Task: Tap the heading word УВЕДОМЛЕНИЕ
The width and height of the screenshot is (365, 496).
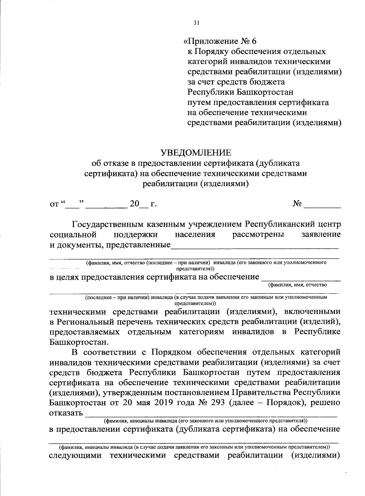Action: (196, 152)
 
